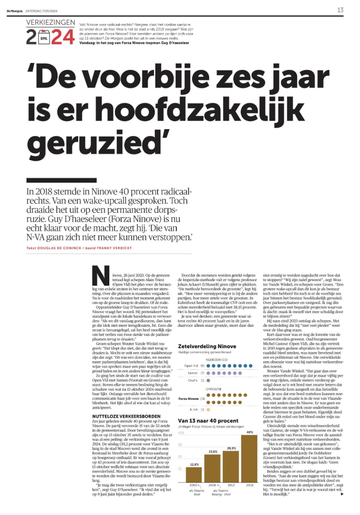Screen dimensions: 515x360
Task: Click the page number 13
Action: tap(341, 10)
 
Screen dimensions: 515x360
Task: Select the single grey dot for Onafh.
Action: tap(208, 380)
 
